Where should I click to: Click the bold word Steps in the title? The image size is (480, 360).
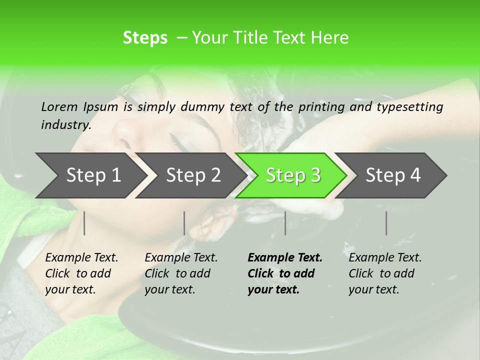(x=145, y=38)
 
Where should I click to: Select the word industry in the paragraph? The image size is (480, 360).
(x=66, y=125)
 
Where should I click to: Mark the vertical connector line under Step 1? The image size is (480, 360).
(x=84, y=223)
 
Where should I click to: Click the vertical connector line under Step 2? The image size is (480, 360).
(x=184, y=223)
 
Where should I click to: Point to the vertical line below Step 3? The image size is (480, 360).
(x=285, y=223)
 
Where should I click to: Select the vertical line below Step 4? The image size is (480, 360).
(x=386, y=223)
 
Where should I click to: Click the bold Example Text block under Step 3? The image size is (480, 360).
(x=284, y=273)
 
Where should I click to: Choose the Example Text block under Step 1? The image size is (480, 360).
(x=81, y=273)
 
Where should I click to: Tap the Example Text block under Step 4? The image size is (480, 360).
(x=384, y=273)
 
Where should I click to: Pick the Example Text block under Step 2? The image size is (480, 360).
(x=180, y=273)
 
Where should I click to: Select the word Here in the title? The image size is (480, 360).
(x=330, y=38)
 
